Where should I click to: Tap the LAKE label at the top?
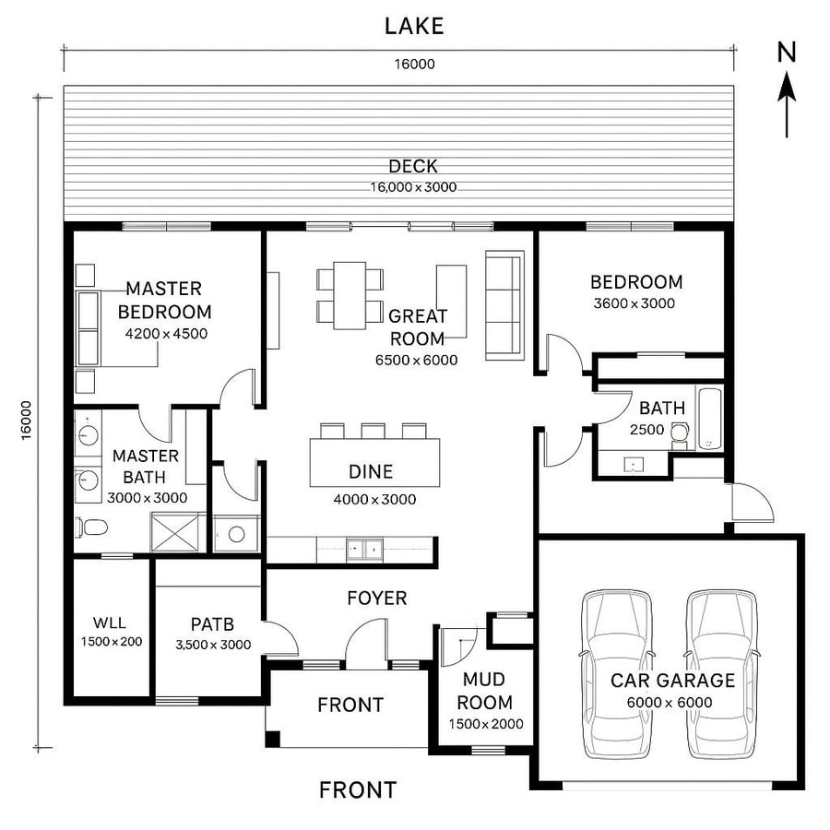(x=414, y=26)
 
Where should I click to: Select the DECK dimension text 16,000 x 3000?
(x=413, y=186)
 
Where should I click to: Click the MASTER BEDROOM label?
(x=164, y=301)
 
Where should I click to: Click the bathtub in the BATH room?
(x=709, y=419)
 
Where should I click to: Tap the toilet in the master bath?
(x=91, y=528)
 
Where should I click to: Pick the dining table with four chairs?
(x=350, y=295)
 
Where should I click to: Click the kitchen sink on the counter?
(x=362, y=549)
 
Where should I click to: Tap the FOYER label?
(x=376, y=599)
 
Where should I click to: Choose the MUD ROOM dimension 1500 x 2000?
(x=486, y=724)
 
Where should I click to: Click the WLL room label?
(x=110, y=623)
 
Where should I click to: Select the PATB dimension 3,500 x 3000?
(x=213, y=645)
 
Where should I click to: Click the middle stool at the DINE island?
(x=373, y=431)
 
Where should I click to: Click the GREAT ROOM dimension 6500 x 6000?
(x=416, y=361)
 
